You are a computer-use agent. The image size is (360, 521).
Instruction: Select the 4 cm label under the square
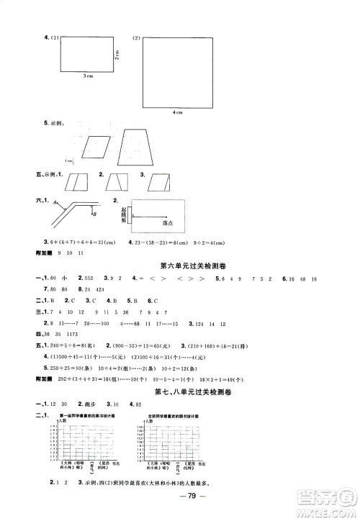point(177,112)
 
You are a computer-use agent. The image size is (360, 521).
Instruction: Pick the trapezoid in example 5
point(135,149)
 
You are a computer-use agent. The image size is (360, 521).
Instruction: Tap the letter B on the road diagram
point(94,213)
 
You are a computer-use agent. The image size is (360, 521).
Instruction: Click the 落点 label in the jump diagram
point(168,224)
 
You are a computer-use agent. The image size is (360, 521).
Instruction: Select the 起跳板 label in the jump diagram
point(123,213)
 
